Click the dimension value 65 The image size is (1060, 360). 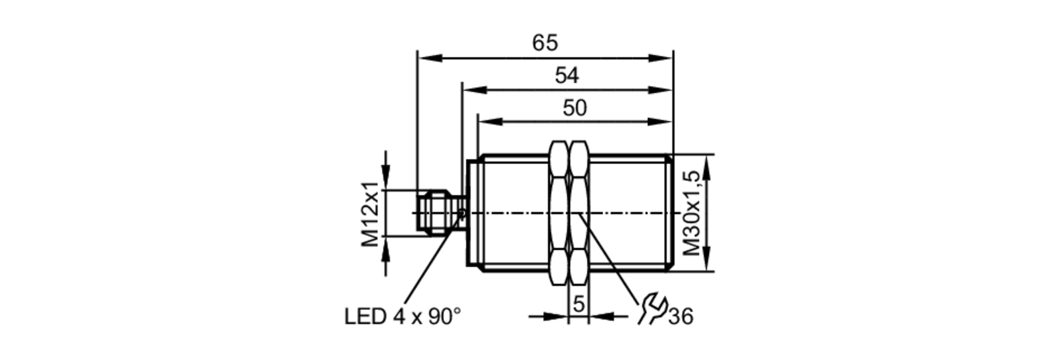(545, 42)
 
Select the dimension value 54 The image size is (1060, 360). (567, 75)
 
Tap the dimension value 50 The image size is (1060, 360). (575, 108)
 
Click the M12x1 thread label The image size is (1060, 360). (371, 214)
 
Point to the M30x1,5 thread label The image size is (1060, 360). (692, 213)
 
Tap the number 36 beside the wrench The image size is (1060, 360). (681, 317)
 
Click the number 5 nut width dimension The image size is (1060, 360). (579, 304)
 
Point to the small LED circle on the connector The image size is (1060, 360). (462, 213)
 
